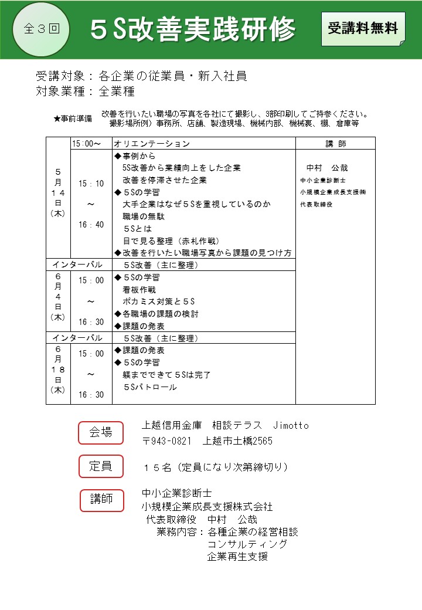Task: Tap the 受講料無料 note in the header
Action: pos(363,28)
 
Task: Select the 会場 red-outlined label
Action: pos(101,433)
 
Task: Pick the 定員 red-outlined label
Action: pos(101,467)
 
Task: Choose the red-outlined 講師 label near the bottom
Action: pos(101,500)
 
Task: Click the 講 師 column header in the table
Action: pos(335,144)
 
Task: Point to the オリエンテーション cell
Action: pos(152,144)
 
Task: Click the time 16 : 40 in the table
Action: pos(91,225)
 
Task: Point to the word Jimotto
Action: pos(291,425)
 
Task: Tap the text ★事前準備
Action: pos(72,118)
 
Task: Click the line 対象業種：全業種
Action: pos(86,91)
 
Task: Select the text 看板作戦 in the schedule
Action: pos(139,290)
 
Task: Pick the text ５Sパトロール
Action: pos(149,387)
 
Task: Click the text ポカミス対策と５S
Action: pos(158,301)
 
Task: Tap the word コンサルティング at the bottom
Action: pos(247,544)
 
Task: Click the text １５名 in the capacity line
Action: pos(157,467)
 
